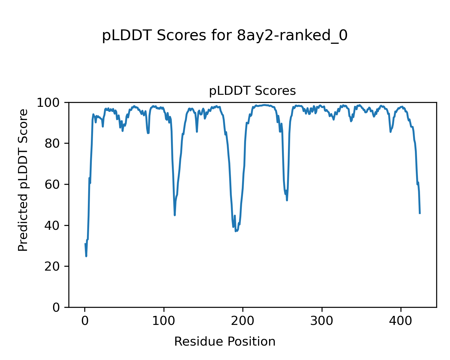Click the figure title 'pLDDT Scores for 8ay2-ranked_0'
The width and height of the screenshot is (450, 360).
pyautogui.click(x=225, y=36)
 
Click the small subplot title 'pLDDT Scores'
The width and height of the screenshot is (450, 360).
pyautogui.click(x=252, y=91)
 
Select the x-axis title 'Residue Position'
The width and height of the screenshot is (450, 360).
pyautogui.click(x=225, y=342)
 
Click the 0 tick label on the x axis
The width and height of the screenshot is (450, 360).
pyautogui.click(x=85, y=321)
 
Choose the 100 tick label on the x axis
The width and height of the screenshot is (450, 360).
pyautogui.click(x=164, y=321)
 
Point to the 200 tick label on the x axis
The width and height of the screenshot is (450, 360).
pyautogui.click(x=243, y=321)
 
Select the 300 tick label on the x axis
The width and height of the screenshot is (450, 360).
pyautogui.click(x=322, y=321)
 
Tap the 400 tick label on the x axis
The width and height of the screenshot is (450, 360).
pyautogui.click(x=401, y=321)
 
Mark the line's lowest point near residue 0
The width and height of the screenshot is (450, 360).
pyautogui.click(x=86, y=256)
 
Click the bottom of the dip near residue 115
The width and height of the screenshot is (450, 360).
pyautogui.click(x=175, y=215)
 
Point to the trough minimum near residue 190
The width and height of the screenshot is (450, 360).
pyautogui.click(x=235, y=231)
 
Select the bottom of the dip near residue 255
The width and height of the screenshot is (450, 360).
pyautogui.click(x=287, y=200)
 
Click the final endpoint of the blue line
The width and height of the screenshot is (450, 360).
pyautogui.click(x=420, y=213)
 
